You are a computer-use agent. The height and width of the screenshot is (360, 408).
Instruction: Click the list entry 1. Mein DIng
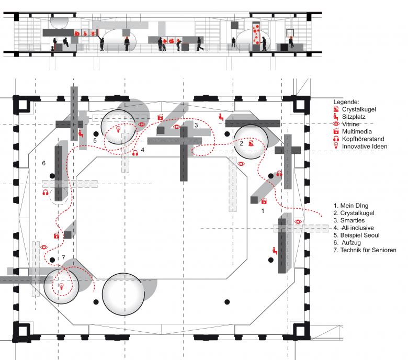pos(353,206)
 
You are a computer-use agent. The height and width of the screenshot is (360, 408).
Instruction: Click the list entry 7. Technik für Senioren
pos(365,250)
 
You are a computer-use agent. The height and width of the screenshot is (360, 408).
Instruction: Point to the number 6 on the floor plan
pos(43,163)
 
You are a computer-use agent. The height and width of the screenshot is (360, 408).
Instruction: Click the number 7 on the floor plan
pos(63,258)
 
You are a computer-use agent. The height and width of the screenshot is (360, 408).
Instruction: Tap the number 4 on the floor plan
pos(142,149)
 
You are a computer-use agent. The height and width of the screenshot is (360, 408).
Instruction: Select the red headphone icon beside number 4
pos(135,153)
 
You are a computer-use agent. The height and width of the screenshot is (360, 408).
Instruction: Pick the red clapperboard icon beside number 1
pos(264,200)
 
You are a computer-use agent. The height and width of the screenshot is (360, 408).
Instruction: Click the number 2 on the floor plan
pos(242,143)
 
